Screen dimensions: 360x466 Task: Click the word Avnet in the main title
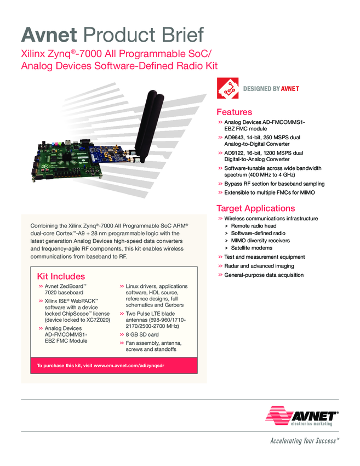click(48, 35)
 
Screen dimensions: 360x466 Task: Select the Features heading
click(235, 112)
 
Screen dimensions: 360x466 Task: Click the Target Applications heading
click(256, 208)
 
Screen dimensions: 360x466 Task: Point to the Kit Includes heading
click(61, 276)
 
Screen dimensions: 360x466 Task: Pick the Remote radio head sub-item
click(253, 226)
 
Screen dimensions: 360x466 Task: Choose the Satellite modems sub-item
click(252, 248)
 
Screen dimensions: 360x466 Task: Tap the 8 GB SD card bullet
click(142, 334)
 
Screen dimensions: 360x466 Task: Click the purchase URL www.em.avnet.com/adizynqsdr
click(129, 366)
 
